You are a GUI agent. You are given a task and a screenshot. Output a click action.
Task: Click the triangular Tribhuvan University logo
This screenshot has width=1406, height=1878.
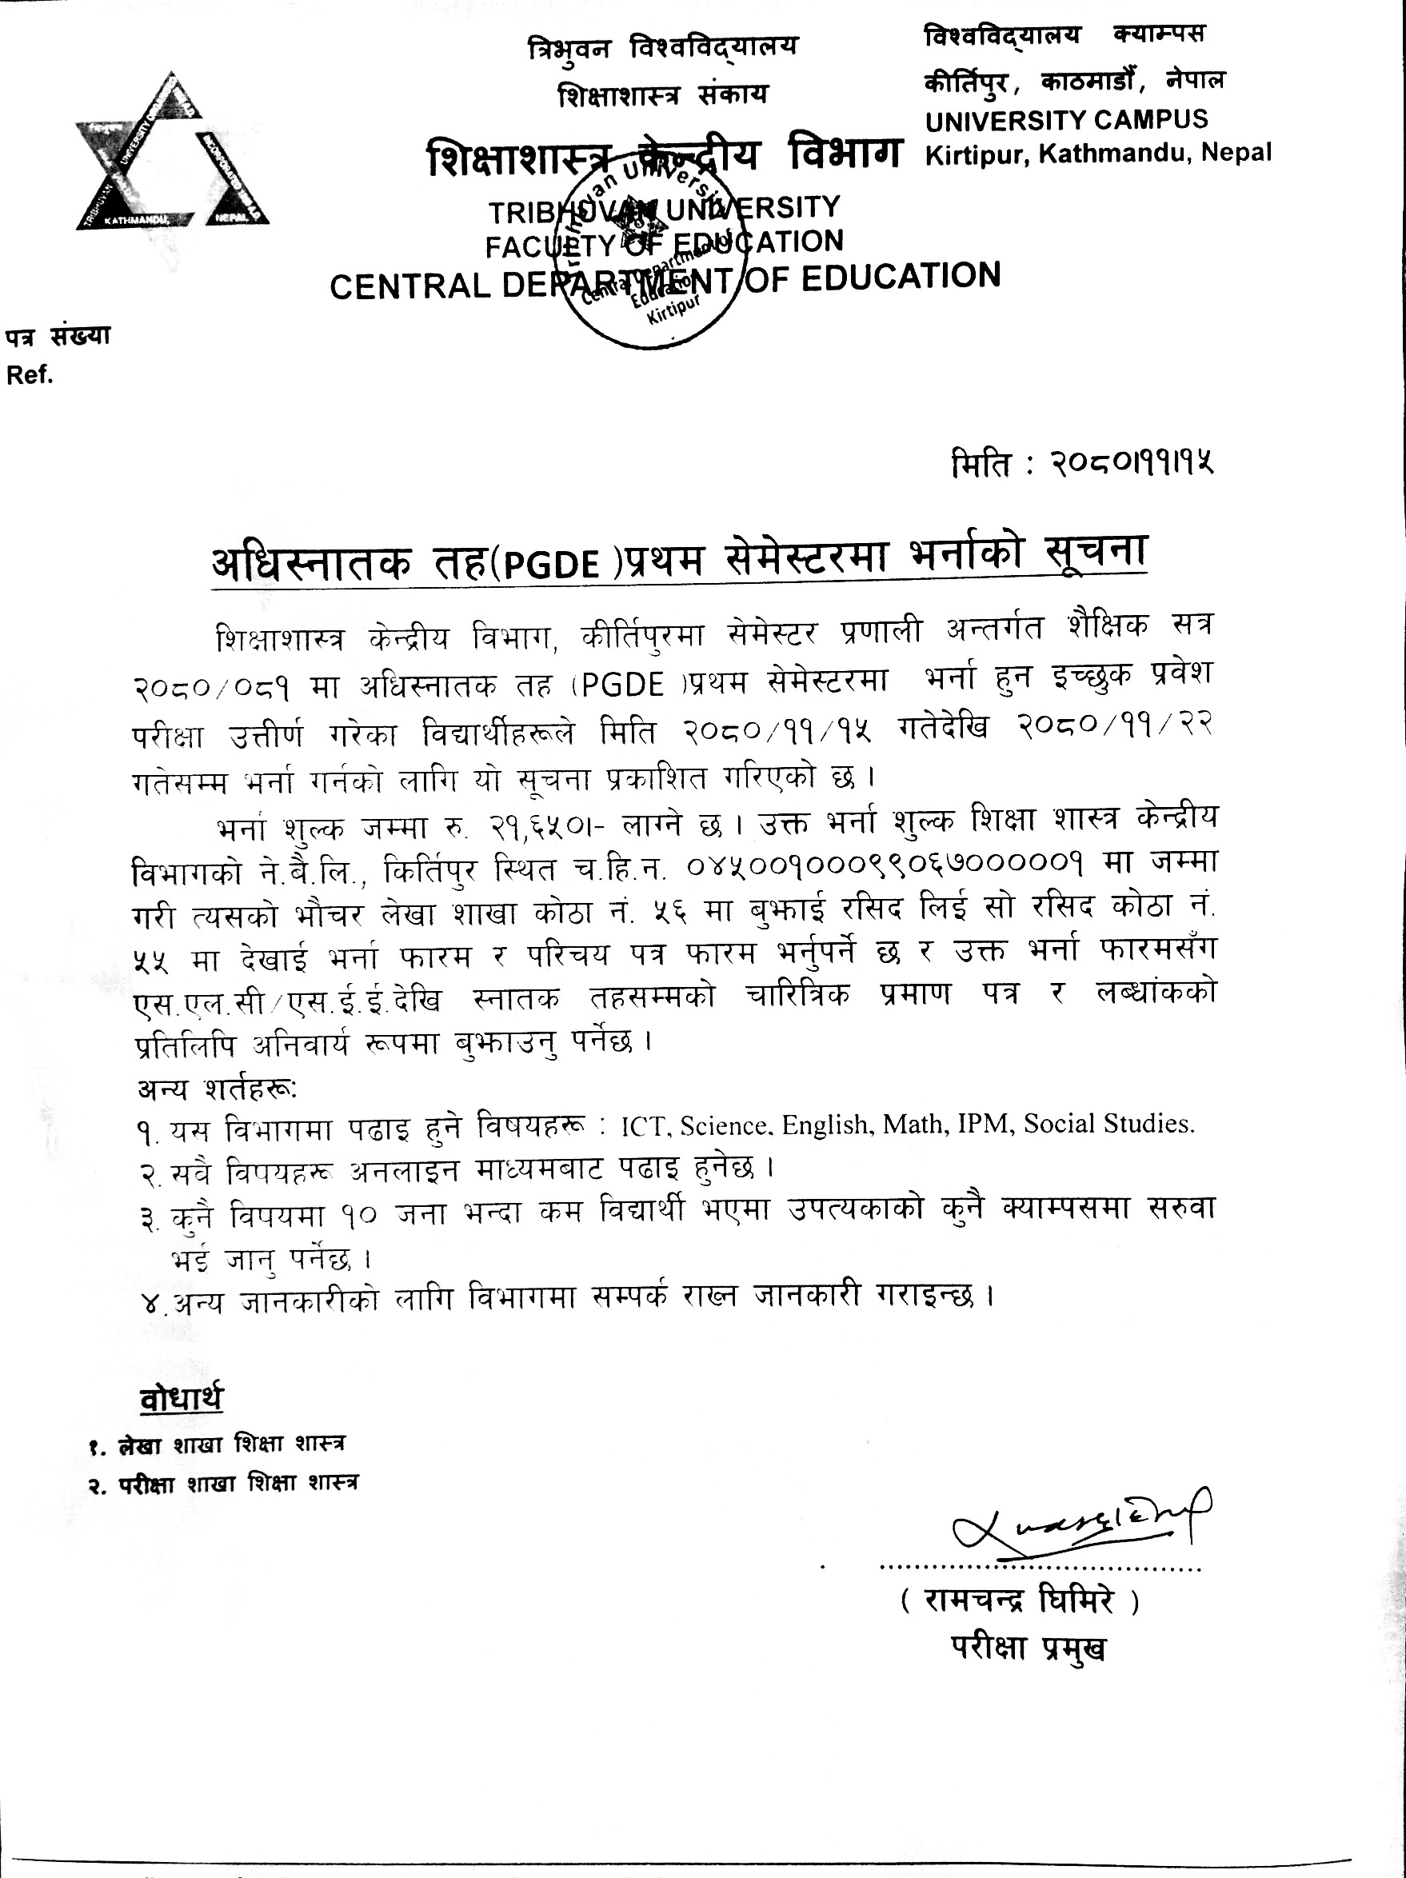click(x=173, y=154)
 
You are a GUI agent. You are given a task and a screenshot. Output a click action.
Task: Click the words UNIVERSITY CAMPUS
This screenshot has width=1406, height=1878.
click(x=1066, y=121)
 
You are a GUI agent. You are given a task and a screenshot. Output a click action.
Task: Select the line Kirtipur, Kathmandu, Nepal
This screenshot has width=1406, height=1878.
click(x=1099, y=154)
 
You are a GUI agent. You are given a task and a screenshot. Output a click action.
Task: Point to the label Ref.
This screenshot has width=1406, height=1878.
click(x=30, y=375)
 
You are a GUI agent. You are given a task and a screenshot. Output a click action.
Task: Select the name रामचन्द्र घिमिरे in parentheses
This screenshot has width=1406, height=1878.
click(x=1019, y=1603)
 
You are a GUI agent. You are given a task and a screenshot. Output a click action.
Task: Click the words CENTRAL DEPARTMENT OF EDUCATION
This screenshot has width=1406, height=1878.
click(x=665, y=282)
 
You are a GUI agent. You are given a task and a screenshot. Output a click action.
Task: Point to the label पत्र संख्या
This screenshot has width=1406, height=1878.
click(x=58, y=336)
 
